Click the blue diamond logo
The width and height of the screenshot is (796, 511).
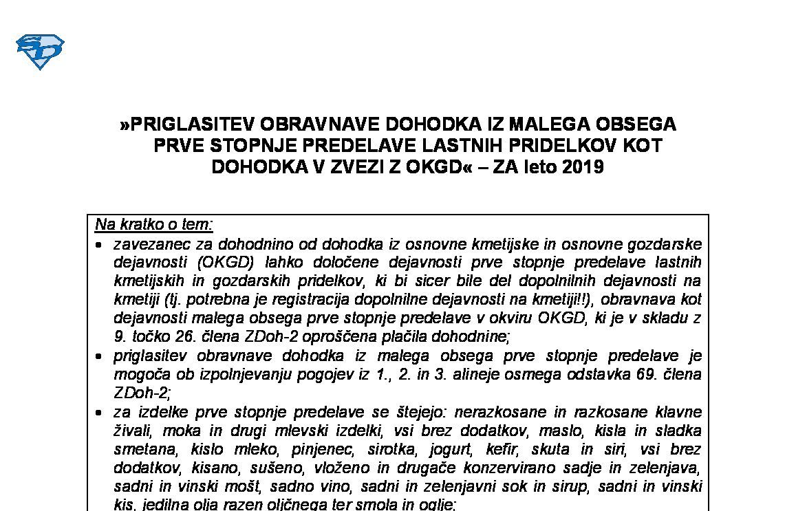click(x=40, y=52)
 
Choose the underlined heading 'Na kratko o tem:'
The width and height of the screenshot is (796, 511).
click(x=154, y=225)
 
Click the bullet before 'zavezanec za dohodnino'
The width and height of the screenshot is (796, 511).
click(x=100, y=245)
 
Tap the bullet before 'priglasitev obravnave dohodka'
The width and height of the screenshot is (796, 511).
click(x=100, y=357)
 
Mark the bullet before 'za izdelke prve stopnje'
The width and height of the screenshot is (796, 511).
click(x=100, y=413)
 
